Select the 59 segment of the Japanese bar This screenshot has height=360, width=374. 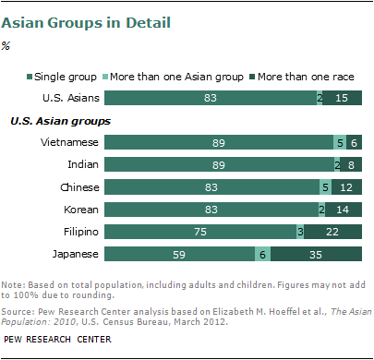point(180,254)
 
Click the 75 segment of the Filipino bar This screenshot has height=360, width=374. point(200,232)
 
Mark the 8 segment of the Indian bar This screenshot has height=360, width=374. point(351,165)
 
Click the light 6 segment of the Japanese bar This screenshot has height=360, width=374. point(263,254)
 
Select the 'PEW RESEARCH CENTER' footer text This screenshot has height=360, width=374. point(56,346)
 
